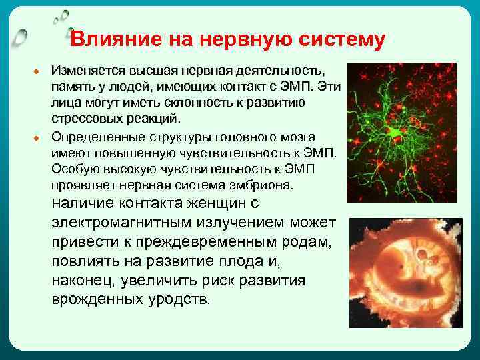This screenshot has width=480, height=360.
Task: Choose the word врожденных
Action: pyautogui.click(x=93, y=299)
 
